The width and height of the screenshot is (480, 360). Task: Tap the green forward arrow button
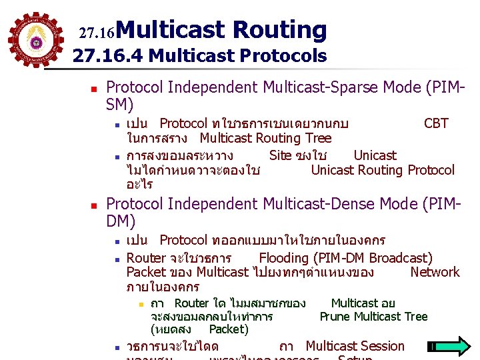pos(449,347)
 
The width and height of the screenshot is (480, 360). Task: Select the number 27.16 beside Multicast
pos(97,32)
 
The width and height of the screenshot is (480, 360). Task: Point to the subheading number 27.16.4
pos(108,56)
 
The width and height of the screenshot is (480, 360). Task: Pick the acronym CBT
pos(436,123)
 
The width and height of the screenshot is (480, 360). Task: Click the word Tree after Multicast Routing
pos(317,138)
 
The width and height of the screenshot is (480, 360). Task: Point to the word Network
pos(435,272)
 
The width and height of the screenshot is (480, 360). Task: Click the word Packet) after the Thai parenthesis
pos(229,329)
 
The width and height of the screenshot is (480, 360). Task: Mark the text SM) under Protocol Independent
pos(119,105)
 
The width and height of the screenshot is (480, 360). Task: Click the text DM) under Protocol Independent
pos(121,221)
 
